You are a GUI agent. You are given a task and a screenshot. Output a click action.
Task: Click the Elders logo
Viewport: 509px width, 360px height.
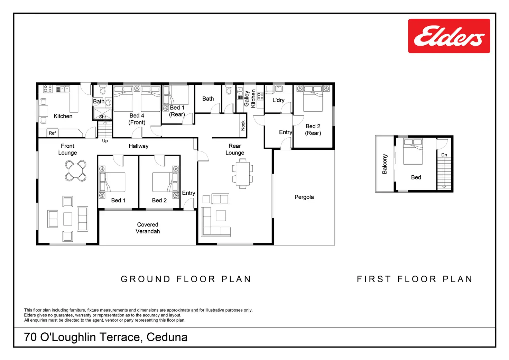[x=449, y=36]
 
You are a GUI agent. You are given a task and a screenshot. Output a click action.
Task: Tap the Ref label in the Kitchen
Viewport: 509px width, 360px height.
[x=52, y=133]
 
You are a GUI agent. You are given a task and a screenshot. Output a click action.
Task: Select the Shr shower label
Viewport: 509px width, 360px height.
[x=102, y=117]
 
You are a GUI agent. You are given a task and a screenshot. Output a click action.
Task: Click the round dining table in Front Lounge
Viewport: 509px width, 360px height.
[x=76, y=171]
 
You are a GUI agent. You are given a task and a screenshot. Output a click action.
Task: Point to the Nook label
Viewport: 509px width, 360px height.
[x=243, y=126]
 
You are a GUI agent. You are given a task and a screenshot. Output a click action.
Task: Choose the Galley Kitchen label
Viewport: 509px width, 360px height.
[x=250, y=99]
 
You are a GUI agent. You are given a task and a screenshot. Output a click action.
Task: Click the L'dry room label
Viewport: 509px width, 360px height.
[x=278, y=100]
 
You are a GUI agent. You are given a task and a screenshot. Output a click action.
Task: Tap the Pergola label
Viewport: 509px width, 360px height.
[x=304, y=197]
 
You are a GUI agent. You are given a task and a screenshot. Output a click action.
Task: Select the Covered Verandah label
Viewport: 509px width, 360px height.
[x=148, y=228]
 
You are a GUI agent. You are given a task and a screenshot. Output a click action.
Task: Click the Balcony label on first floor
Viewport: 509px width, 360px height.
[x=385, y=164]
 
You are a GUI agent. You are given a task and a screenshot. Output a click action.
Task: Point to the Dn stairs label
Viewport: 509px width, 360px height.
[x=444, y=155]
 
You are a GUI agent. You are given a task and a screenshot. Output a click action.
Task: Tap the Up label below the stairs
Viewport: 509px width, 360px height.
[x=105, y=141]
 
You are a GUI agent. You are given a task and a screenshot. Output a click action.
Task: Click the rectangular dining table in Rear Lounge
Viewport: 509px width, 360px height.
[x=243, y=174]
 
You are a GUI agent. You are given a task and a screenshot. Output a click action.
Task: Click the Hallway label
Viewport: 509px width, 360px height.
[x=139, y=146]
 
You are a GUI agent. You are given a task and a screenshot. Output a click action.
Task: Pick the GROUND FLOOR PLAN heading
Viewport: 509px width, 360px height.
[x=186, y=279]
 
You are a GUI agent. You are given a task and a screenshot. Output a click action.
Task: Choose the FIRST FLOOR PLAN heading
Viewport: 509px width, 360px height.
[x=415, y=279]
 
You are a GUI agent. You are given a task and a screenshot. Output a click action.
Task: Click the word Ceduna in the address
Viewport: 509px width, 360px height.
[x=167, y=337]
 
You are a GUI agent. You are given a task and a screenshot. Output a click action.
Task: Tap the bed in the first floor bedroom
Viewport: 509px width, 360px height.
[x=413, y=151]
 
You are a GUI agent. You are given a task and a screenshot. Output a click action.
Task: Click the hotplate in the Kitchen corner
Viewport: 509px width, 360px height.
[x=48, y=89]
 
